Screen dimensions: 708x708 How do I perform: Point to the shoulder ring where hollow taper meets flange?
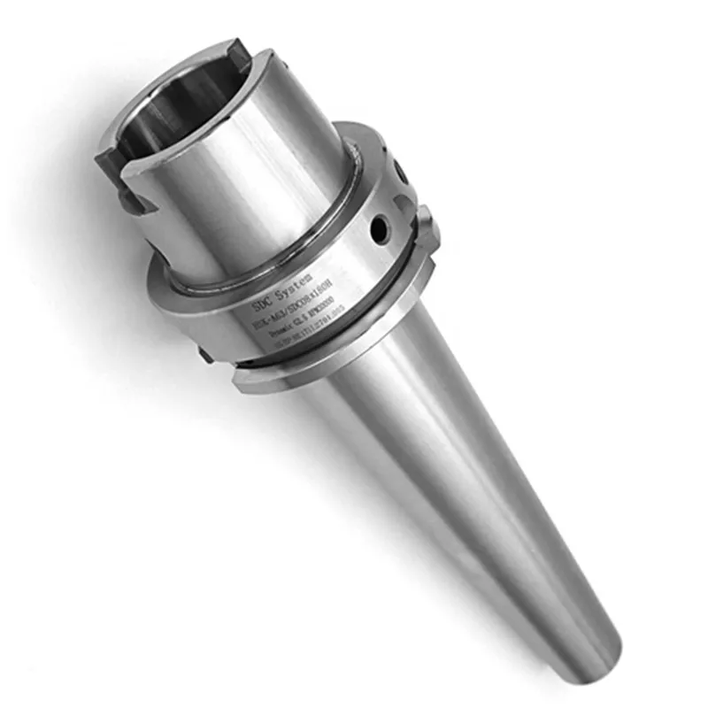pos(265,265)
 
